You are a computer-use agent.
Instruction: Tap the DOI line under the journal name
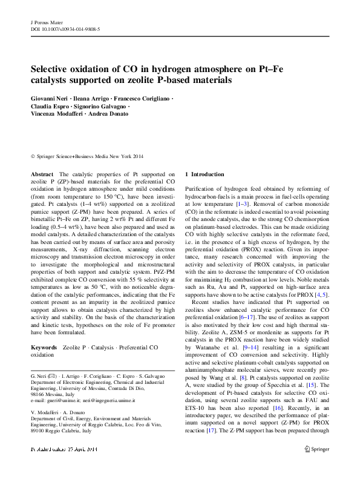(x=65, y=28)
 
